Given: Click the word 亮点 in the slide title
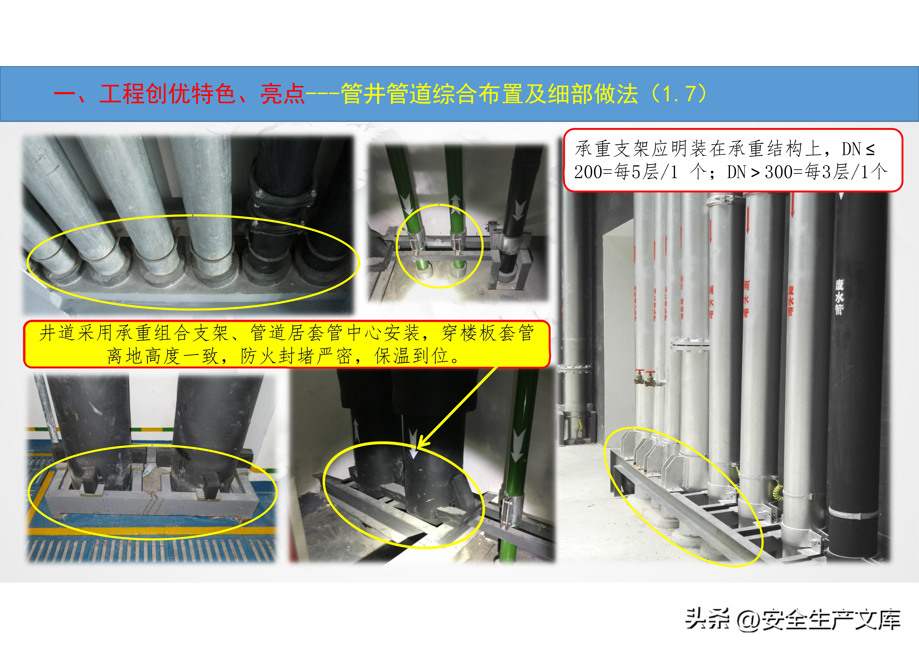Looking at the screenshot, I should (283, 94).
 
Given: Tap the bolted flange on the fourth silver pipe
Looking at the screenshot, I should (689, 344).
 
